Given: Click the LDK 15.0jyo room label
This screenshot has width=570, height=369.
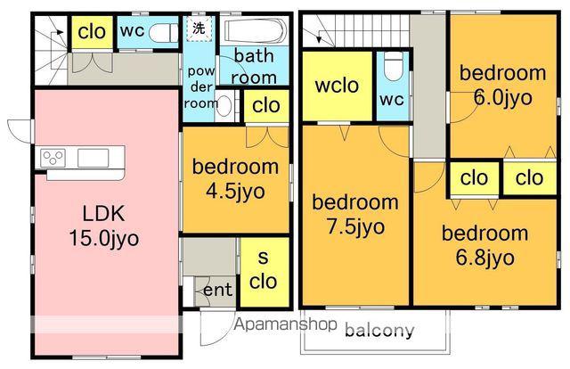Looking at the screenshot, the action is [104, 226].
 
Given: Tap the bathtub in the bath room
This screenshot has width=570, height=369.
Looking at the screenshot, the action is [256, 30].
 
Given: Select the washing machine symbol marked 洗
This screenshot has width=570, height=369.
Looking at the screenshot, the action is [199, 29].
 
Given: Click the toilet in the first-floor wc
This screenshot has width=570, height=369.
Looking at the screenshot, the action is [163, 33].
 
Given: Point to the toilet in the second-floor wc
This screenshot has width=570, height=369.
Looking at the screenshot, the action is [394, 66].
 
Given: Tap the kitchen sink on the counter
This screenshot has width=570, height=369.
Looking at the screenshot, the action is [93, 159].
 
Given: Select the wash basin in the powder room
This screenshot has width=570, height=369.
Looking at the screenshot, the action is [224, 105].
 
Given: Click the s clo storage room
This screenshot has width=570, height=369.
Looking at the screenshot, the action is [264, 272].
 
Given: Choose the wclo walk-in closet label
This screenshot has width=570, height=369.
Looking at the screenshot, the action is [337, 86].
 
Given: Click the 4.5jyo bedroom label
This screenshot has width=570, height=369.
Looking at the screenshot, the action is [235, 178].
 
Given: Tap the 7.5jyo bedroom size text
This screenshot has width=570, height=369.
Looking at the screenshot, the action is [355, 226].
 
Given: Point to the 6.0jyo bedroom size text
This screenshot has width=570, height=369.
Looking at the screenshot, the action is [503, 97].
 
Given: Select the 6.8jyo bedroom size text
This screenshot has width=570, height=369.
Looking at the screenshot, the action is [484, 258].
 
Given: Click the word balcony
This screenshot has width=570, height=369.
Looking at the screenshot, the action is [379, 331].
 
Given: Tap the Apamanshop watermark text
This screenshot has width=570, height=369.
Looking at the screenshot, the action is [285, 324].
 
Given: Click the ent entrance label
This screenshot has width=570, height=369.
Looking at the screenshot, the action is [217, 290].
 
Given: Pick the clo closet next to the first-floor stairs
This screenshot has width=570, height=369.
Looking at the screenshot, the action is [92, 32].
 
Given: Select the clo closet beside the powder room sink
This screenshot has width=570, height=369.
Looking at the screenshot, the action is [266, 105].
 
